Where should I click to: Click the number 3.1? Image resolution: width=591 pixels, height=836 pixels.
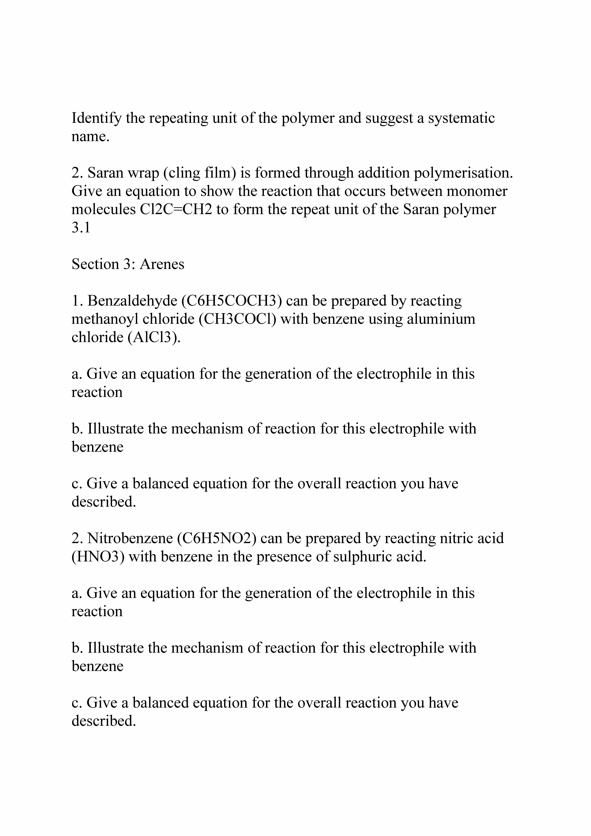(81, 228)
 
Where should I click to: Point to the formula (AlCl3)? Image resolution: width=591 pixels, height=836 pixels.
(154, 338)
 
